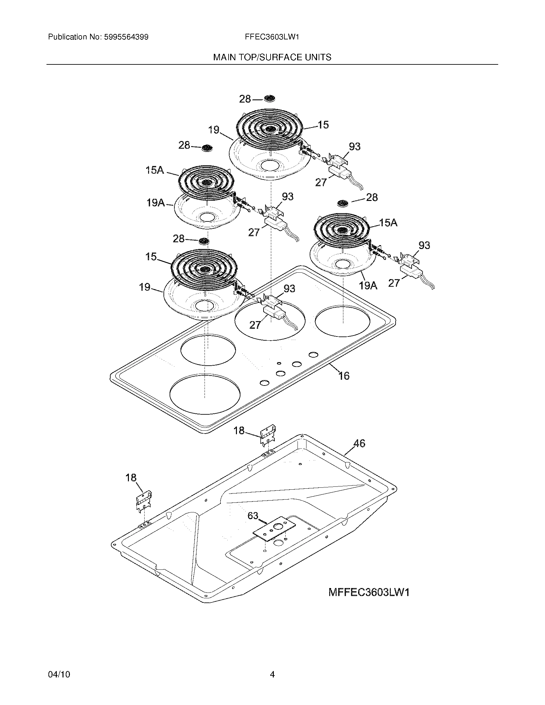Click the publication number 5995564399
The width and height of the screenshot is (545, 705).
[x=126, y=37]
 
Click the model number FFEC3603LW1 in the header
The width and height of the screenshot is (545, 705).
[x=272, y=37]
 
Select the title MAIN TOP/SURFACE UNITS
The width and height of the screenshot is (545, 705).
[x=272, y=57]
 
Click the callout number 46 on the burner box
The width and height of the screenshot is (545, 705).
[x=359, y=444]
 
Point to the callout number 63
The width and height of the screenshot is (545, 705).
[x=253, y=516]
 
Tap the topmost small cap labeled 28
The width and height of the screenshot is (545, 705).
[x=269, y=98]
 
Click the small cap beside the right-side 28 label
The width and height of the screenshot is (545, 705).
[x=343, y=203]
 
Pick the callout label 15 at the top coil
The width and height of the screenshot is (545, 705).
[x=323, y=125]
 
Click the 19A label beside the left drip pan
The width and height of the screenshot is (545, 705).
[x=156, y=203]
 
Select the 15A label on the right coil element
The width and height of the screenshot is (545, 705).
[x=388, y=222]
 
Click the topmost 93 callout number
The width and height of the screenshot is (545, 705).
[x=354, y=146]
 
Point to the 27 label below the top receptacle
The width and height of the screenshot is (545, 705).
[x=321, y=183]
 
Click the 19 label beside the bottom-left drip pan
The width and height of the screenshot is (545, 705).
[x=145, y=287]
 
